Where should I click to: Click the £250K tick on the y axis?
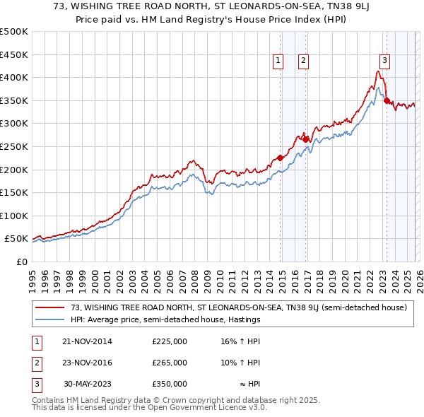click(14, 146)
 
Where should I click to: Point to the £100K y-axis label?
click(14, 216)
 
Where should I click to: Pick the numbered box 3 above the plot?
click(384, 61)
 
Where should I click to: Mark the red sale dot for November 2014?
click(280, 158)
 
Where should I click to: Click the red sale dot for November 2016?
click(305, 139)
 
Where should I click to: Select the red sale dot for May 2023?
click(387, 100)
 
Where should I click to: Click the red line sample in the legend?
click(51, 308)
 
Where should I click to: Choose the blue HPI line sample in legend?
click(51, 320)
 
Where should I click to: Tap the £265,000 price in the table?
click(169, 363)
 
